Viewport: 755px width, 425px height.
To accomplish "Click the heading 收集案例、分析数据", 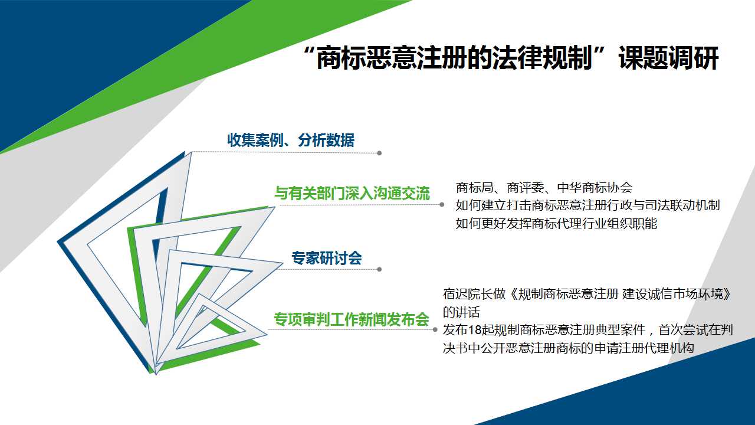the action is (291, 140).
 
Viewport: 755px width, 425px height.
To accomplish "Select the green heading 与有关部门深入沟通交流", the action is (352, 193).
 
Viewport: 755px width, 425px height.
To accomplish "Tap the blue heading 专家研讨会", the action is (327, 258).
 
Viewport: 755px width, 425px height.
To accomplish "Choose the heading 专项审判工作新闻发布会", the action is (351, 319).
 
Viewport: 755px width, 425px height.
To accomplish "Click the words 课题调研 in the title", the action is (669, 58).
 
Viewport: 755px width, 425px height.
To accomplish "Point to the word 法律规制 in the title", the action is (542, 58).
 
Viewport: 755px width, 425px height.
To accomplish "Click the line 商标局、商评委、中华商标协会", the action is (544, 187).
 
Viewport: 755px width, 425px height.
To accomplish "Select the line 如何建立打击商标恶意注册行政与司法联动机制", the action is (588, 205).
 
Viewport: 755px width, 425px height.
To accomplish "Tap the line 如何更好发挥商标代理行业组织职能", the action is (556, 223).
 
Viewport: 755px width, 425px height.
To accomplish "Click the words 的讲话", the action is (461, 312).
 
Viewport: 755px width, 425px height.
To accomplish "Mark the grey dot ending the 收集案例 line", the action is (379, 153).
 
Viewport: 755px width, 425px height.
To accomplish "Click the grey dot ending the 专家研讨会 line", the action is (379, 269).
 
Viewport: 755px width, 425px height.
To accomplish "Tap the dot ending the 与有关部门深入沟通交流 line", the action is (442, 204).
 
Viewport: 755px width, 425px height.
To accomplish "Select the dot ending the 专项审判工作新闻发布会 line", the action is (435, 329).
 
